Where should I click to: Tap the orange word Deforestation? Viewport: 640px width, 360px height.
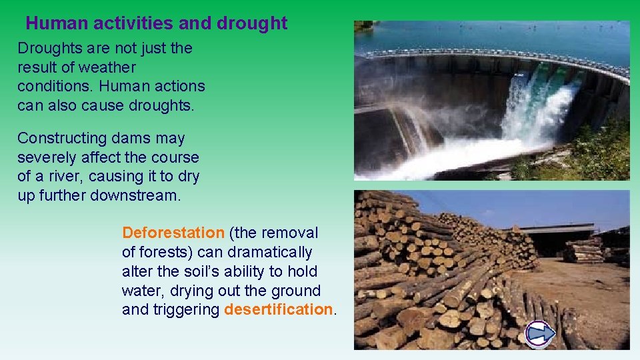coord(173,233)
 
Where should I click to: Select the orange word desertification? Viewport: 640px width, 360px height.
coord(279,310)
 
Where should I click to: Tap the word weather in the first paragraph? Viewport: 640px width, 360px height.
coord(107,67)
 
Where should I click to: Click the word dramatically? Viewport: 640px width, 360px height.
coord(269,252)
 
